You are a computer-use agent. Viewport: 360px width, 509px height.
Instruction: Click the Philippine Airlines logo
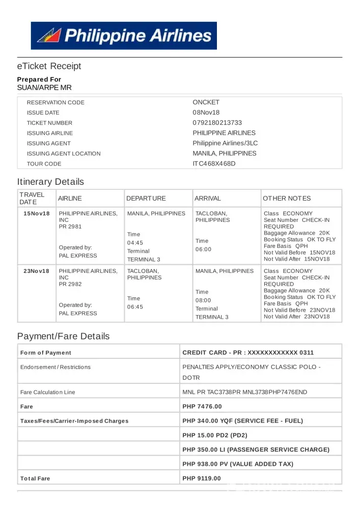point(124,36)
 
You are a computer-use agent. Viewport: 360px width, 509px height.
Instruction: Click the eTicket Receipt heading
point(49,66)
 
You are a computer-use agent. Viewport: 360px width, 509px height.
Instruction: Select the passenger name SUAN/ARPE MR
point(44,88)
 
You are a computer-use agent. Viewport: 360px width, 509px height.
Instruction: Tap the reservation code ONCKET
point(206,102)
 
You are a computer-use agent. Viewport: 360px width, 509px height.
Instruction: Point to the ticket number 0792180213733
point(217,123)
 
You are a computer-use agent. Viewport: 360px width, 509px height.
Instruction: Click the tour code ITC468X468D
point(214,163)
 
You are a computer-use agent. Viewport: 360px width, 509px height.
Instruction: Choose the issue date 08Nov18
point(206,112)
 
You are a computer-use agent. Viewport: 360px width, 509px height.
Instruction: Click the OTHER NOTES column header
point(287,199)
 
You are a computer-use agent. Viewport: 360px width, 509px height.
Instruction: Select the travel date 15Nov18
point(37,213)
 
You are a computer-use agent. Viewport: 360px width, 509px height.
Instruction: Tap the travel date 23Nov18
point(37,271)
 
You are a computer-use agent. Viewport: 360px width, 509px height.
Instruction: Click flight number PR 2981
point(70,227)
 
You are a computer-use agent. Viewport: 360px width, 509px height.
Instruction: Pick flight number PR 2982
point(70,284)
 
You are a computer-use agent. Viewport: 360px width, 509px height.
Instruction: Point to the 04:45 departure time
point(135,243)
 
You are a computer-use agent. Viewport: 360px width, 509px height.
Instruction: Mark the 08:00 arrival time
point(203,300)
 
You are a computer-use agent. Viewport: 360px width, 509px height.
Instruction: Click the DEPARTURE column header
point(146,199)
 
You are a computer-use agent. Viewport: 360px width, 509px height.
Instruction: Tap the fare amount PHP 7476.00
point(202,407)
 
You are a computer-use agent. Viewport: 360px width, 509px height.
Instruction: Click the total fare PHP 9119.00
point(202,478)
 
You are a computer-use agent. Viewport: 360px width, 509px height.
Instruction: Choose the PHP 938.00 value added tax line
point(238,464)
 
